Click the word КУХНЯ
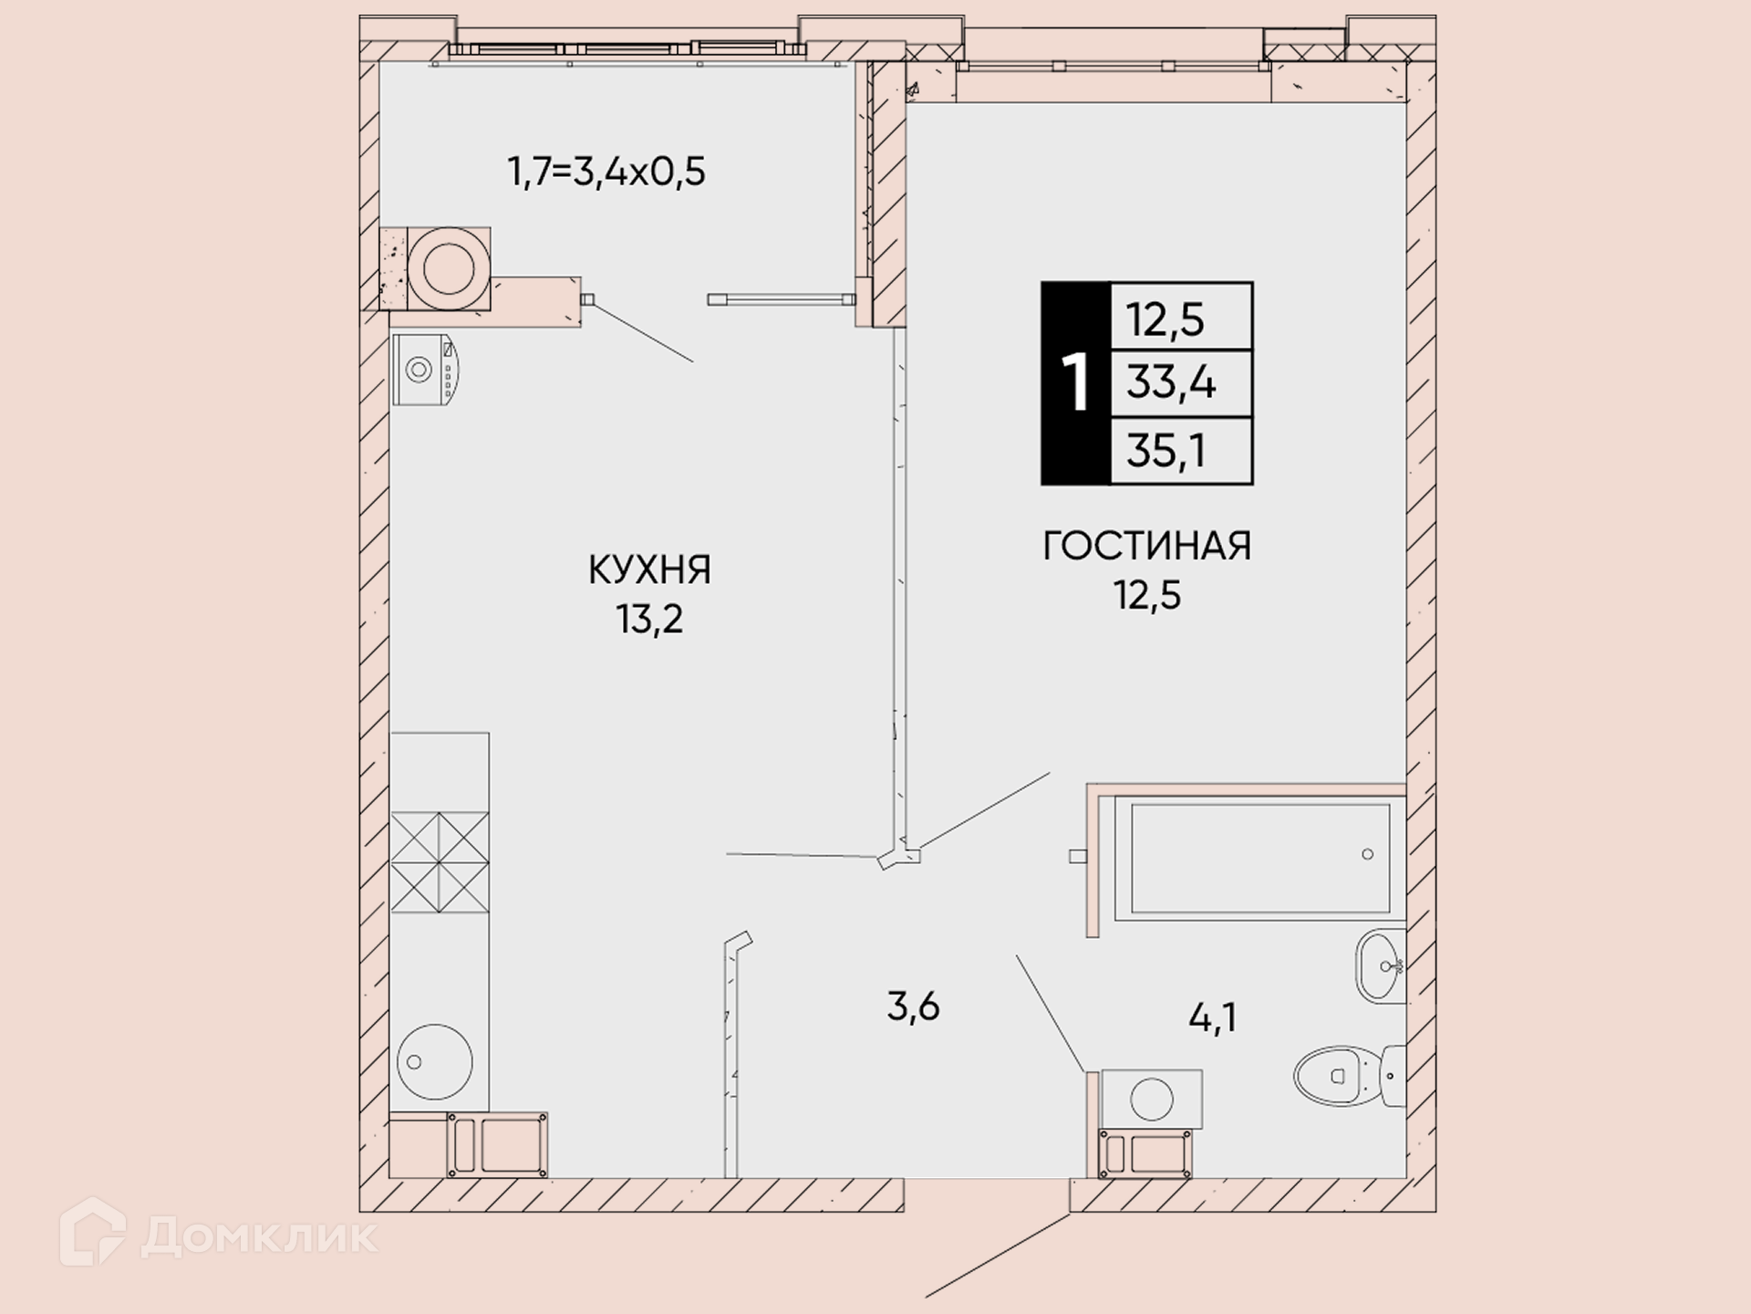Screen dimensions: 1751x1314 point(649,570)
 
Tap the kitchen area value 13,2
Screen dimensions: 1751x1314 point(649,620)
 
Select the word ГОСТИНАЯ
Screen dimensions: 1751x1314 point(1147,546)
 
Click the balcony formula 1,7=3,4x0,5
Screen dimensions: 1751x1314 point(606,172)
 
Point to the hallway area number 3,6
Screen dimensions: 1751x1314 point(913,1007)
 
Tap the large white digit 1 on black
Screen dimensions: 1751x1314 point(1076,384)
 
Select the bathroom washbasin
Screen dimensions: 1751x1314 point(1381,966)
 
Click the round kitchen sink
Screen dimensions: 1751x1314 point(434,1061)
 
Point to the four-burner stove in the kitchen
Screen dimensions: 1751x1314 point(440,863)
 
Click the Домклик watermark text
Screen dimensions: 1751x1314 point(259,1236)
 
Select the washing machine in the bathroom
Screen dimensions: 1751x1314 point(1151,1100)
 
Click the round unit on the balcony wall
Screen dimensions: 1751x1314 point(448,269)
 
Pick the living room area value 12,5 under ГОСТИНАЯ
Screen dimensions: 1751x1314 point(1147,595)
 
